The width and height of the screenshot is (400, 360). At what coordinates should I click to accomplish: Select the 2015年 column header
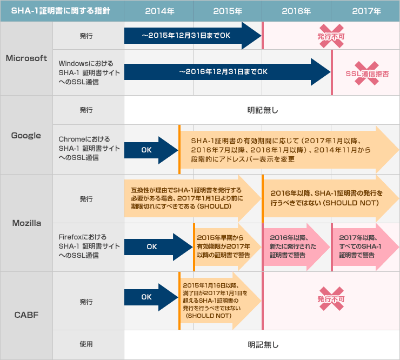228,10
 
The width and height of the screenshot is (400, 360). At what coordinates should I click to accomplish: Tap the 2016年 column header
297,10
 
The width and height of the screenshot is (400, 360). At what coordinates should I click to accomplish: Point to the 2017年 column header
366,10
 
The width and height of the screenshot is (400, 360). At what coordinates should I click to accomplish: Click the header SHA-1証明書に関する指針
61,10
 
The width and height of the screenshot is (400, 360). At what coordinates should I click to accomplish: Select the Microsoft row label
26,58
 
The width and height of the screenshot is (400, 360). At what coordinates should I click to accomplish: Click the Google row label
26,135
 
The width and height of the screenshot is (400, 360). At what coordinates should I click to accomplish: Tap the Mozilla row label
26,223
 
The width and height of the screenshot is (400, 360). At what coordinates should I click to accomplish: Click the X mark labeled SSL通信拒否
366,72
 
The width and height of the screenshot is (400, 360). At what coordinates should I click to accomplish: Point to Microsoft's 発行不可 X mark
331,36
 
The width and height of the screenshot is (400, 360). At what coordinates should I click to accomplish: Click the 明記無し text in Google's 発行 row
262,110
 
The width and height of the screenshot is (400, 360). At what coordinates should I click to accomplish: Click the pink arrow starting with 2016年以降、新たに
292,246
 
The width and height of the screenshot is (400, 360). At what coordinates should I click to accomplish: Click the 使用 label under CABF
86,344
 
